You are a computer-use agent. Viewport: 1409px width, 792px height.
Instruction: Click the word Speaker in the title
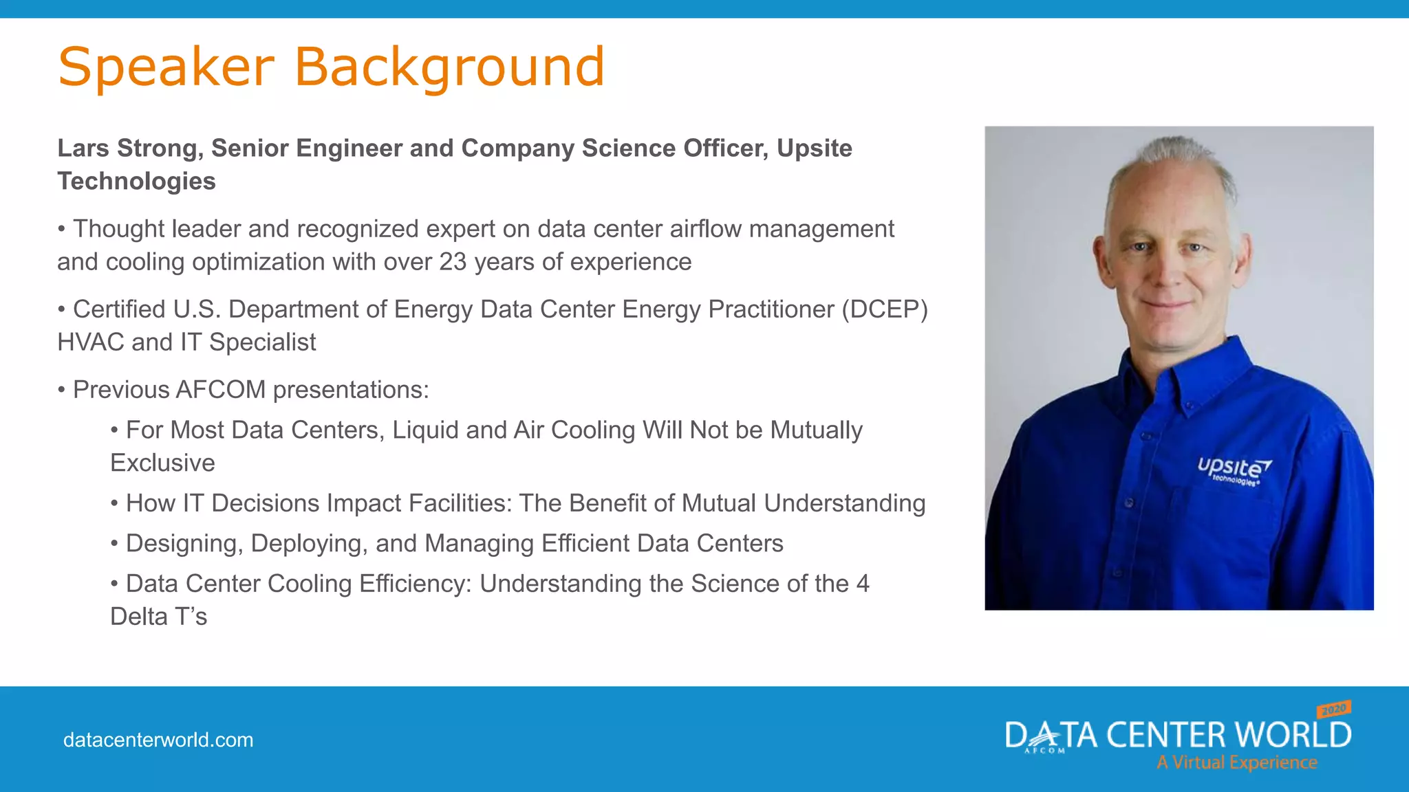click(x=166, y=67)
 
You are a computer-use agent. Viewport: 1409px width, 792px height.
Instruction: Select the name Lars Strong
click(x=130, y=148)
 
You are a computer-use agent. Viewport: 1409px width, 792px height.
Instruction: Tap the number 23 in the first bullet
click(x=453, y=262)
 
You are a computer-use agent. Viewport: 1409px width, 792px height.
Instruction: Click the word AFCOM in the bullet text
click(x=221, y=390)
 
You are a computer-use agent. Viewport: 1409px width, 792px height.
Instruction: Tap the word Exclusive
click(x=163, y=463)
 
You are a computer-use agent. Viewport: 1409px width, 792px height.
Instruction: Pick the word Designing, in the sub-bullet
click(x=184, y=544)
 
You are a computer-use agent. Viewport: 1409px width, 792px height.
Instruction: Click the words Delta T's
click(x=159, y=617)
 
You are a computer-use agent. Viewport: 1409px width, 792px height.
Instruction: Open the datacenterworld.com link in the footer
click(x=158, y=740)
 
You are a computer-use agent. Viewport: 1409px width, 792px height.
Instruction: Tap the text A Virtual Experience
click(x=1236, y=762)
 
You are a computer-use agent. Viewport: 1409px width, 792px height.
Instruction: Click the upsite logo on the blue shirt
click(x=1234, y=470)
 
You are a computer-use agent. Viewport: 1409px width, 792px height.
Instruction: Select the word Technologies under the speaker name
click(x=136, y=181)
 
